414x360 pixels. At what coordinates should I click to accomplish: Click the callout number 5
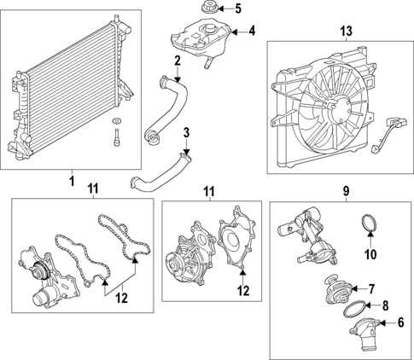(x=237, y=9)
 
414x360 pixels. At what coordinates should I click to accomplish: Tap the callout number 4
(x=252, y=31)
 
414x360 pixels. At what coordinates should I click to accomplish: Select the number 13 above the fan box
(x=346, y=31)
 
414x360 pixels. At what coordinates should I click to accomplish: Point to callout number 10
(x=370, y=254)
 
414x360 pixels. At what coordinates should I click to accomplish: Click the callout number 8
(x=385, y=305)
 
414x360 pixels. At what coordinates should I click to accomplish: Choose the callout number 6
(x=400, y=322)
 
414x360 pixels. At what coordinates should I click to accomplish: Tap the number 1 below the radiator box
(x=72, y=181)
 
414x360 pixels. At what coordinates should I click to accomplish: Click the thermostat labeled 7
(x=338, y=291)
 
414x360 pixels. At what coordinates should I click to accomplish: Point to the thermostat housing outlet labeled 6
(x=364, y=334)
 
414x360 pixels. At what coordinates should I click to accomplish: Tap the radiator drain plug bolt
(x=116, y=137)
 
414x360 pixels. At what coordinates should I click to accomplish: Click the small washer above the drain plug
(x=116, y=121)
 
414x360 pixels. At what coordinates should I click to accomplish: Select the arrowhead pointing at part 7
(x=354, y=289)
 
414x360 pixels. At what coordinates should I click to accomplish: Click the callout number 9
(x=346, y=191)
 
